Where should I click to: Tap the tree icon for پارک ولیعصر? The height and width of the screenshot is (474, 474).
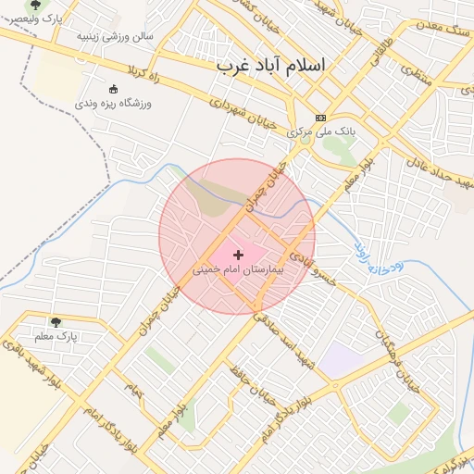point(35,6)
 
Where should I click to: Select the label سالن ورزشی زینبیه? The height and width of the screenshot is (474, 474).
point(115,36)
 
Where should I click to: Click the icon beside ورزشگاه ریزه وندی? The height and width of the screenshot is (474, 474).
point(114,90)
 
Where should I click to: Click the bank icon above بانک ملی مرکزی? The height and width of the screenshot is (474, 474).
point(321,118)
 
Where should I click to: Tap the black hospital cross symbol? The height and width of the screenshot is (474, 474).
point(240,253)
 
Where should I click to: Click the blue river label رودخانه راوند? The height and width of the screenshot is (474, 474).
point(375,258)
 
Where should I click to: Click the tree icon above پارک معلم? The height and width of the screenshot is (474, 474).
point(56,322)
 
